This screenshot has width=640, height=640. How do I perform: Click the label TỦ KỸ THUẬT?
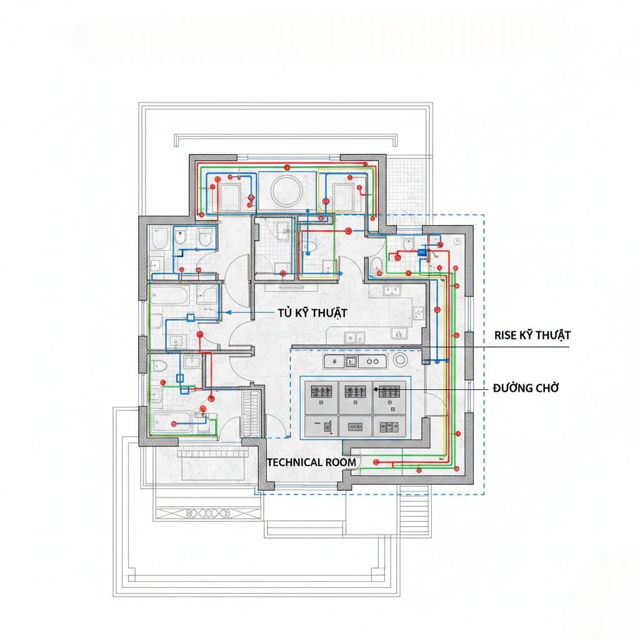coord(312,313)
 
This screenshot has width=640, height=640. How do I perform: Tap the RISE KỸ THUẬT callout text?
coord(532,335)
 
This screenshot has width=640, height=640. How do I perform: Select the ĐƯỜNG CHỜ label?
coord(526,387)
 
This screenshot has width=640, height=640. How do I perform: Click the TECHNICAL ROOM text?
coord(311,462)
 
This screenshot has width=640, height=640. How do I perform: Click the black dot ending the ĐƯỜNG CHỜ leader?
coord(376,389)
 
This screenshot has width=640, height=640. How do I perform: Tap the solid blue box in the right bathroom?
coord(422,252)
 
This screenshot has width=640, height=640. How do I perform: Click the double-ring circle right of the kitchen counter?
coord(399,360)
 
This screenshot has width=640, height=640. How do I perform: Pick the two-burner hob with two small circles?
coord(372,361)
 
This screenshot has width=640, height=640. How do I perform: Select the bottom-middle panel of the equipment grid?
coord(355,427)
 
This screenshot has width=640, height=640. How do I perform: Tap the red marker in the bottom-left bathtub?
coord(174,424)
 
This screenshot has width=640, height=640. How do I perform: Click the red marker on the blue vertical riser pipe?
coord(437,310)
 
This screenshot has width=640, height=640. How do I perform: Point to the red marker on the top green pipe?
coord(287,167)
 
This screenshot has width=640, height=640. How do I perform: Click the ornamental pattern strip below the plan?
coord(208,513)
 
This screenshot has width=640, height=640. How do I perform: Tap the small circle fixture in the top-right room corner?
coord(457,242)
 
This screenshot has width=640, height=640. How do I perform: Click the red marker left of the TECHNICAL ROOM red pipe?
coord(376,462)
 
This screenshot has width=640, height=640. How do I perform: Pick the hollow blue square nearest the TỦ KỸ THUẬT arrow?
coord(191,317)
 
